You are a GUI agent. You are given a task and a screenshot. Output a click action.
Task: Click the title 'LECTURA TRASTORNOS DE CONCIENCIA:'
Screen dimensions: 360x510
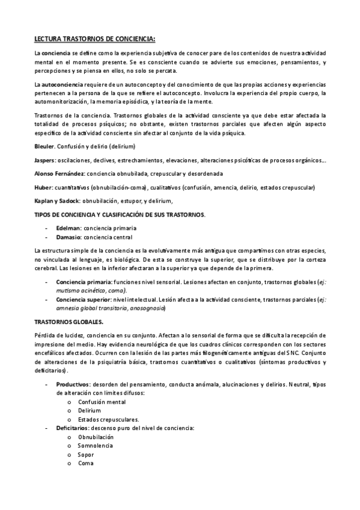(x=94, y=39)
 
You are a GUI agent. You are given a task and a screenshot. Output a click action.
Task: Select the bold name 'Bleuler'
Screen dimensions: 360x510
(x=44, y=146)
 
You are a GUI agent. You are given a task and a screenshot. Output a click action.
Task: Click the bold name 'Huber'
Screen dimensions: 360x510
(x=43, y=187)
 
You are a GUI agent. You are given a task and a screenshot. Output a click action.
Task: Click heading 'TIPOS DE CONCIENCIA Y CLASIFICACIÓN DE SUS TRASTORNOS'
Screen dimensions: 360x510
(x=120, y=215)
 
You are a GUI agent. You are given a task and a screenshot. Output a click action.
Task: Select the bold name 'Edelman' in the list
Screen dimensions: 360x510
(x=69, y=228)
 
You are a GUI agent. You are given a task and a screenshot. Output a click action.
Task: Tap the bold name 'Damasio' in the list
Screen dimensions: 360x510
(x=69, y=238)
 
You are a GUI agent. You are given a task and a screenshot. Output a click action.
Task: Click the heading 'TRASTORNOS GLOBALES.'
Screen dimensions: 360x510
(x=69, y=322)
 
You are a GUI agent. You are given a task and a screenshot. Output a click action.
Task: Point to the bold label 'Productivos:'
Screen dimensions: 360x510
(x=73, y=384)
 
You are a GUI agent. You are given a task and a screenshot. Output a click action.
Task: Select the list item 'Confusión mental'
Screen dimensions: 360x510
(x=102, y=401)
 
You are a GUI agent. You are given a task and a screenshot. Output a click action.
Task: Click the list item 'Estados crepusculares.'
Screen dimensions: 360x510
(x=108, y=419)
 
